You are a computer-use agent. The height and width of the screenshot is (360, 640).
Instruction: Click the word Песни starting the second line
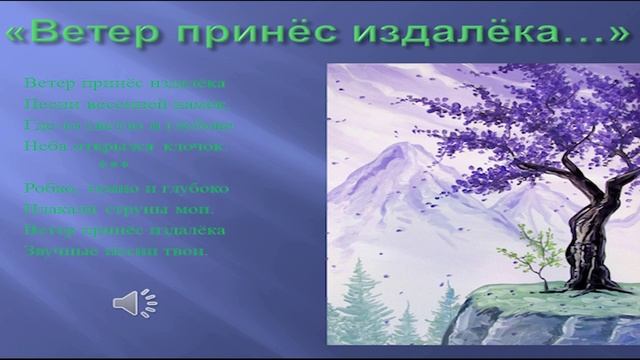[x=43, y=103]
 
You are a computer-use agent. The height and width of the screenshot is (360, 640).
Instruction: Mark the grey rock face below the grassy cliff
[x=530, y=330]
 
